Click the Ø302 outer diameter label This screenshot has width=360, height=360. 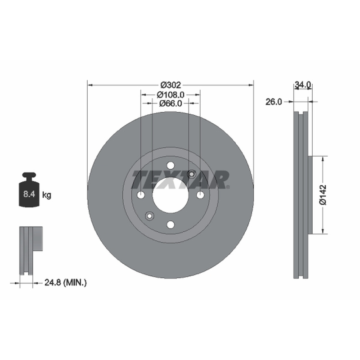(171, 85)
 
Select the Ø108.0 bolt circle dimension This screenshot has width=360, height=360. (171, 94)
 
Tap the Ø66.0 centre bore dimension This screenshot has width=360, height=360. (171, 103)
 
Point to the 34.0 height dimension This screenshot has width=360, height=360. (303, 85)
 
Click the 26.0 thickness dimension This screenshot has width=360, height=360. (274, 102)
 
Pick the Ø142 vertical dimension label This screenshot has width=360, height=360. (323, 195)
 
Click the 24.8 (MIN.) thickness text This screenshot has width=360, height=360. (65, 283)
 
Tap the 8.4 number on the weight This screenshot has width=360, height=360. (29, 194)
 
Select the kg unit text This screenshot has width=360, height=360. (47, 195)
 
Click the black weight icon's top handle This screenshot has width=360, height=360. (29, 175)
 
